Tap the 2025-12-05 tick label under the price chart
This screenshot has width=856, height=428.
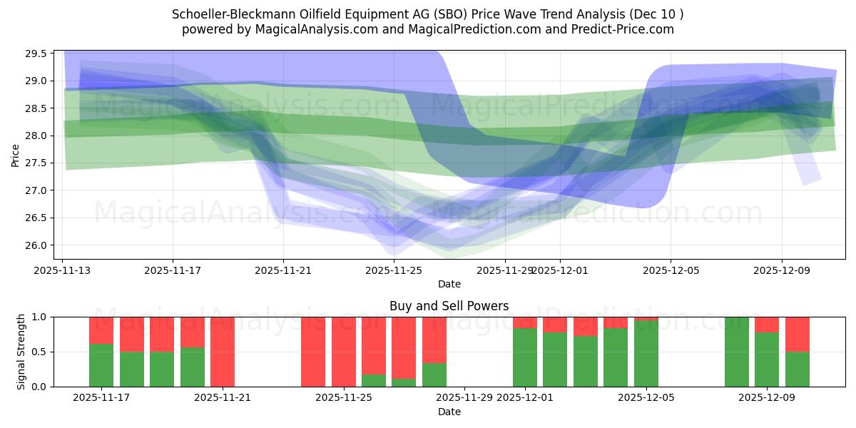(x=670, y=271)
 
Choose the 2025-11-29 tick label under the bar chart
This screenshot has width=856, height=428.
(x=464, y=398)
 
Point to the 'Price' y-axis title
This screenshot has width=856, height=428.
(x=16, y=155)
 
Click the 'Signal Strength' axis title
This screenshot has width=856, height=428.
(x=21, y=352)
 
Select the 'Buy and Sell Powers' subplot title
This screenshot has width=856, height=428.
(x=449, y=306)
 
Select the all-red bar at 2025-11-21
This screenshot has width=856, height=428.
(x=223, y=352)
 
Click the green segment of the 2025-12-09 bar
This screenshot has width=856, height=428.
(x=767, y=360)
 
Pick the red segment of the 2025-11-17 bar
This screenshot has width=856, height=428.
(x=101, y=330)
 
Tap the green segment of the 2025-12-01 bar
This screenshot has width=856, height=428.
(x=525, y=357)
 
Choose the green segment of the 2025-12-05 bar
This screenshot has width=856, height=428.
(x=646, y=354)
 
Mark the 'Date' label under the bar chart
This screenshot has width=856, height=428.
(x=449, y=412)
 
